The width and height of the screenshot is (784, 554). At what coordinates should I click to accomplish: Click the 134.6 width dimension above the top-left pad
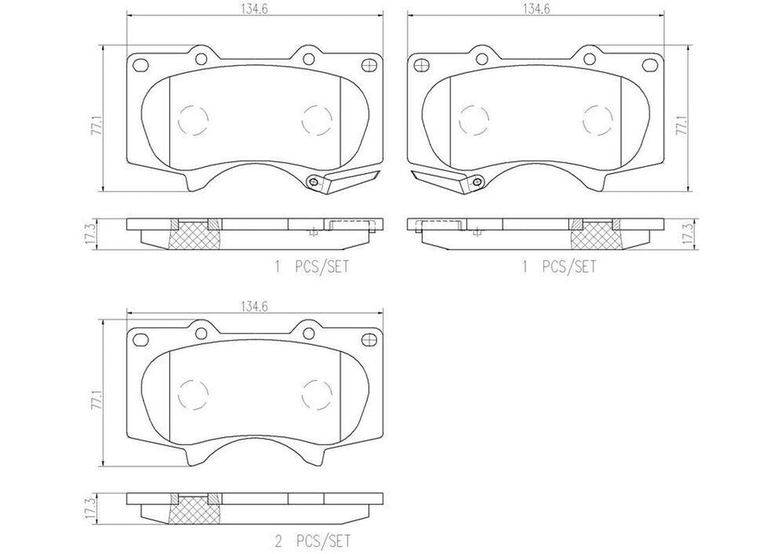tap(254, 9)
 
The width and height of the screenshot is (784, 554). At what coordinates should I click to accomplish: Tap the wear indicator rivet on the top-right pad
tap(476, 181)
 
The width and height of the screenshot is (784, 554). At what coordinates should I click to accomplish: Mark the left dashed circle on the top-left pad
tap(192, 119)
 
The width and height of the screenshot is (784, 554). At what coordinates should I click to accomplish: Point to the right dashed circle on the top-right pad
tap(598, 119)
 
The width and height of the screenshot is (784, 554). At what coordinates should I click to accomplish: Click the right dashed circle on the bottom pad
tap(317, 395)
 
